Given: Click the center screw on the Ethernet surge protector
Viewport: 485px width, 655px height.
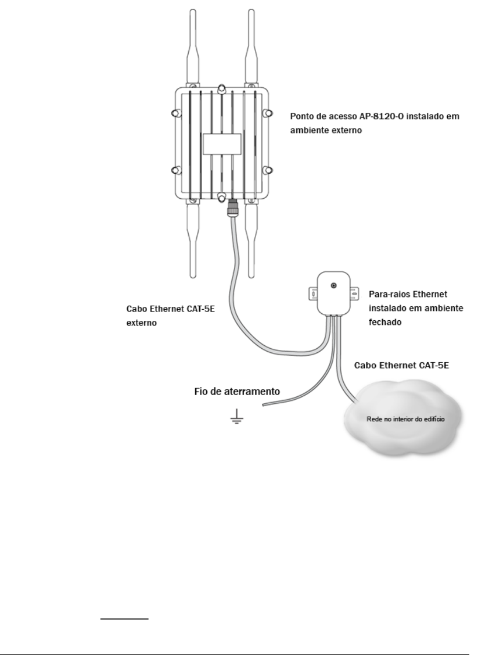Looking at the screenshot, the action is pos(333,286).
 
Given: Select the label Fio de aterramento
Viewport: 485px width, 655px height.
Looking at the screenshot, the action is pos(237,392).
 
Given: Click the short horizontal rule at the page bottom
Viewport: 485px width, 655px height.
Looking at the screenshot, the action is pos(124,619).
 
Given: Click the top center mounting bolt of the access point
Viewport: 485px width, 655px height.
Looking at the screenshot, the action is pos(221,89).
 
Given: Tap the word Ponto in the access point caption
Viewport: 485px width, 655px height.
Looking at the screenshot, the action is pos(302,116).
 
